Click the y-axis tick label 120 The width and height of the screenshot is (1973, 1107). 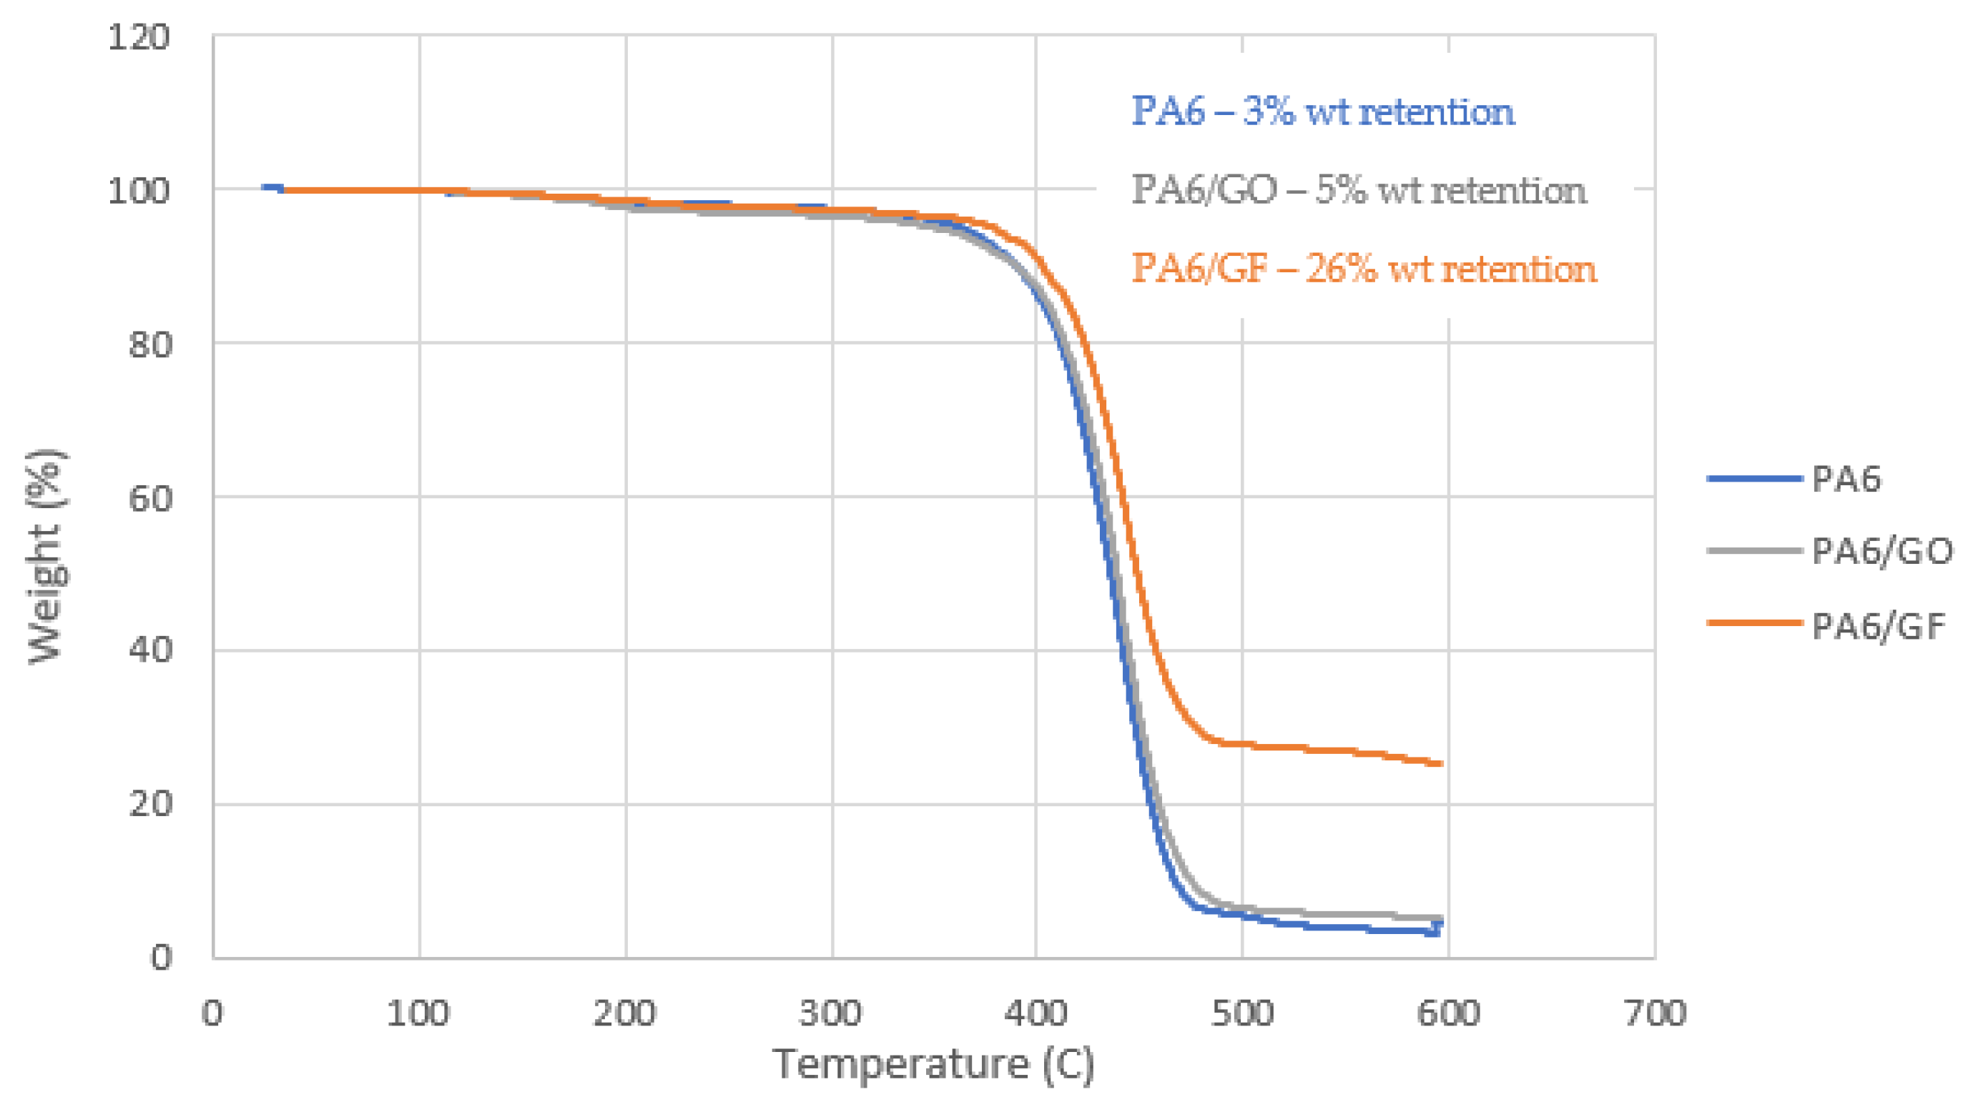(138, 37)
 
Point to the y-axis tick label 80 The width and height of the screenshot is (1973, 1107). (150, 344)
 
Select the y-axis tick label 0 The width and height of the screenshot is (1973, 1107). (161, 958)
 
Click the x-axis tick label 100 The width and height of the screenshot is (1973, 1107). (418, 1013)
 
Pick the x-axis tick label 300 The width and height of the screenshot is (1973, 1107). (831, 1013)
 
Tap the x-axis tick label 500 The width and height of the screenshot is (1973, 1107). (1242, 1013)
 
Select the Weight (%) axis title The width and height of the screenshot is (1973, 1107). (46, 557)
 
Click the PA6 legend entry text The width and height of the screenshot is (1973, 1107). (1846, 480)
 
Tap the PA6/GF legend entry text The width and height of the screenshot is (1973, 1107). (1877, 626)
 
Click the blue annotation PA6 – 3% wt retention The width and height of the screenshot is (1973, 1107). (1323, 111)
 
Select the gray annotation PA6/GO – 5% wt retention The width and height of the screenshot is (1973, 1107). (1359, 190)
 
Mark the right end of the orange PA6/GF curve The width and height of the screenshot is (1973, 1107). (1442, 763)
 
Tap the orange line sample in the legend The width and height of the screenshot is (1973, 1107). (1754, 623)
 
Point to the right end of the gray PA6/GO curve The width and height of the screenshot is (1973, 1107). (1442, 918)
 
